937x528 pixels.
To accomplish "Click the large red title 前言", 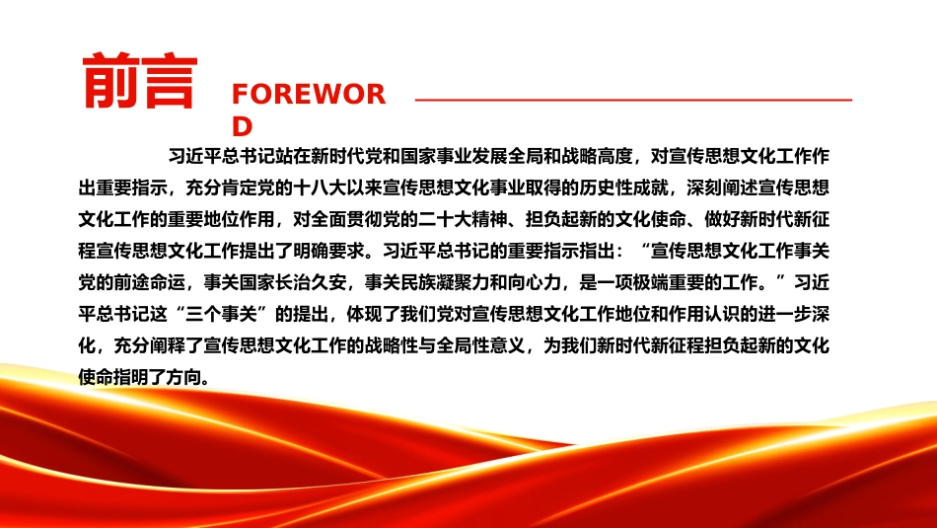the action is coord(139,81).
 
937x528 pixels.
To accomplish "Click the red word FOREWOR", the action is coord(309,95).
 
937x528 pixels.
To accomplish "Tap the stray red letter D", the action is coord(242,126).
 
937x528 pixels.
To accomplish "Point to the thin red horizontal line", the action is coord(633,100).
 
